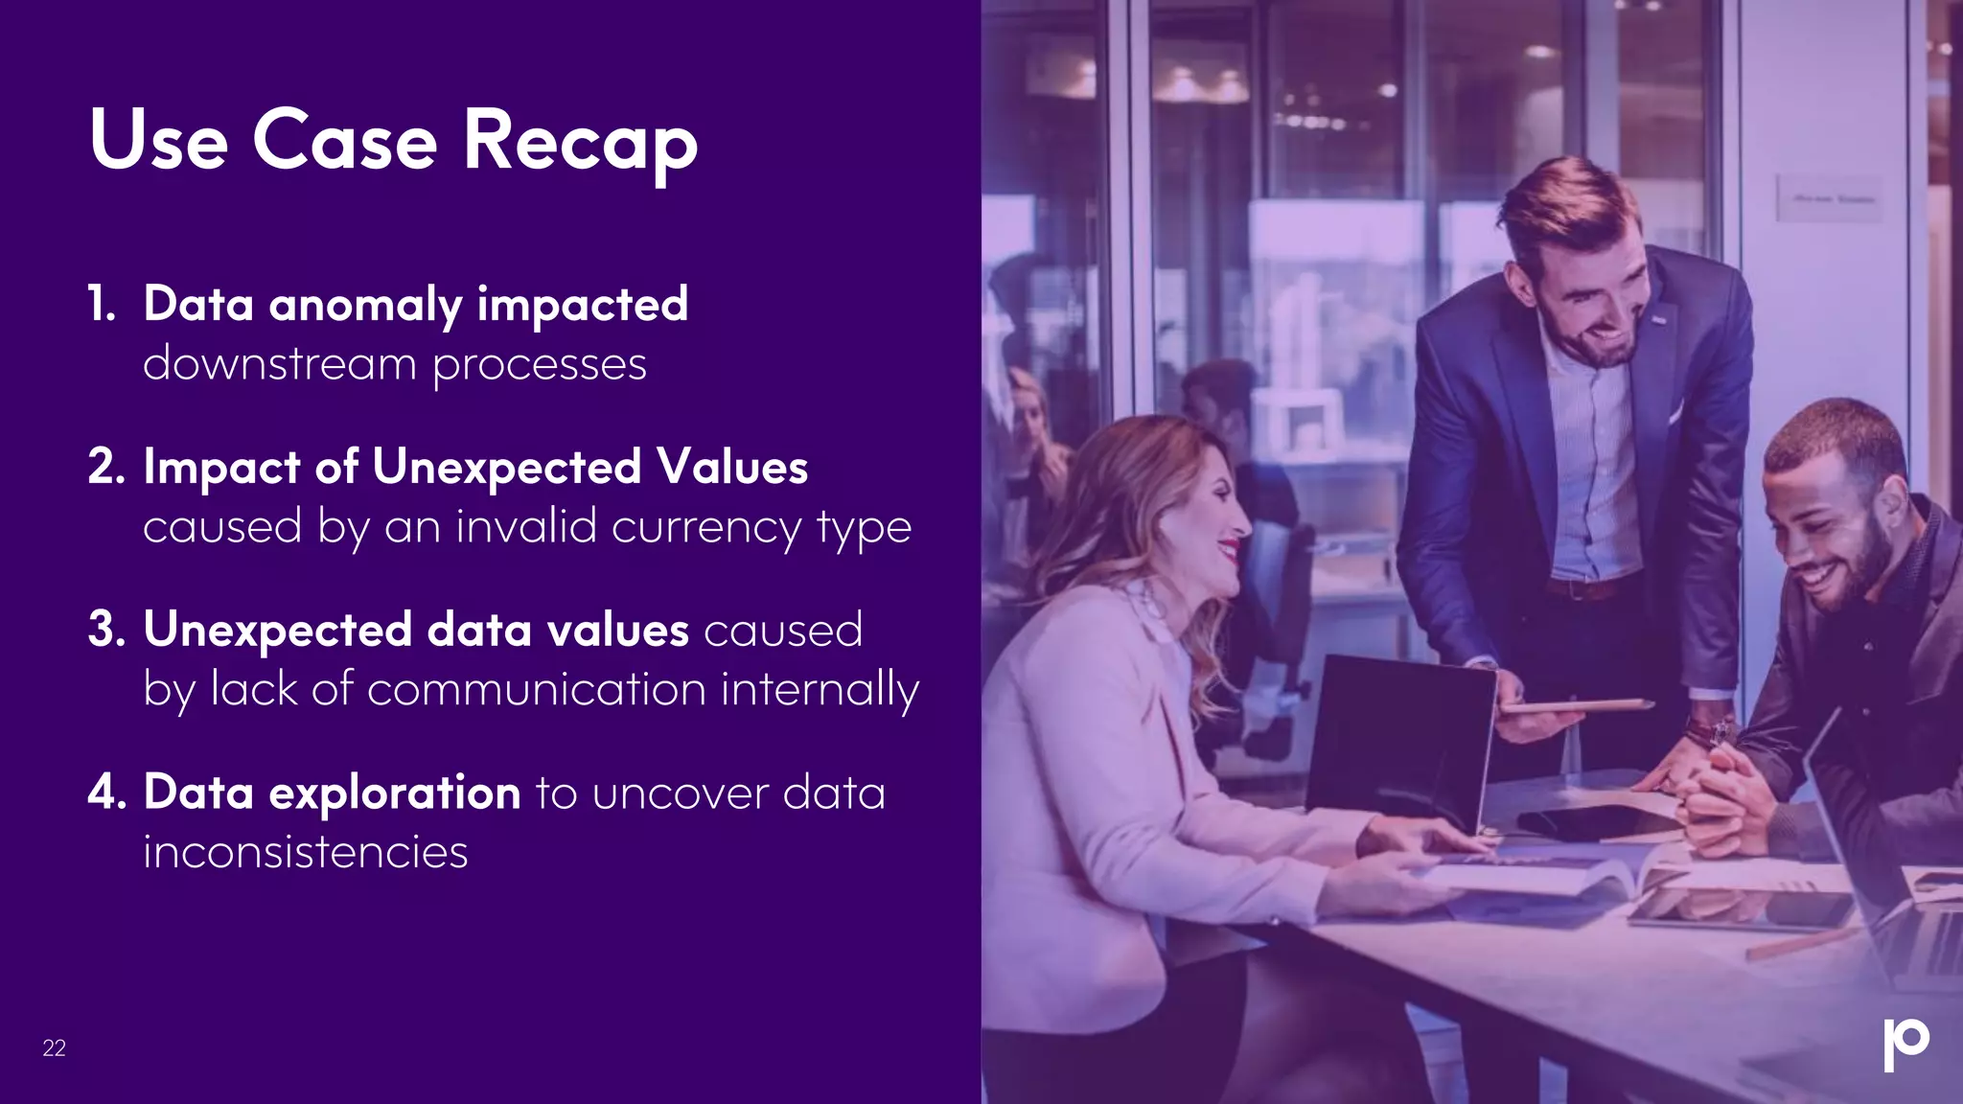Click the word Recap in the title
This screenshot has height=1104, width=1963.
click(580, 142)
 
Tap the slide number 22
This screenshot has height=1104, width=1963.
click(54, 1048)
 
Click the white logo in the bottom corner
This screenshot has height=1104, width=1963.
click(1905, 1044)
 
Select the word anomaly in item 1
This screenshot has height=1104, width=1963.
click(365, 306)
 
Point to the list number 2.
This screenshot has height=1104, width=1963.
click(105, 468)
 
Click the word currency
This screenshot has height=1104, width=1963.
click(705, 527)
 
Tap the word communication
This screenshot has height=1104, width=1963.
click(537, 689)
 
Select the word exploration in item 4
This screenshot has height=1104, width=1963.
click(394, 793)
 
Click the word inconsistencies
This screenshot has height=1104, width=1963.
click(305, 852)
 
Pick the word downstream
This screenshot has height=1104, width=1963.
click(279, 365)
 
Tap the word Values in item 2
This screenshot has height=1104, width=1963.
click(732, 468)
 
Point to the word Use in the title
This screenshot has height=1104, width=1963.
click(159, 142)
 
